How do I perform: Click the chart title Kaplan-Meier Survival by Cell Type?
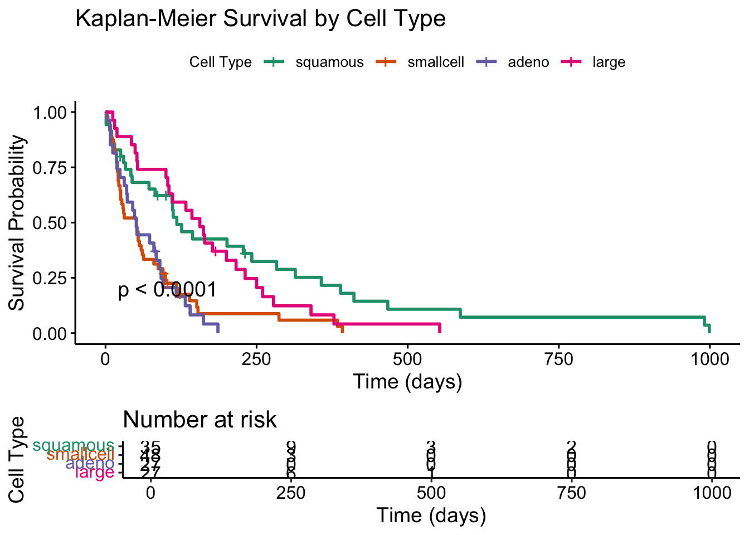pos(260,19)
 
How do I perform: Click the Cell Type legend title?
pos(220,62)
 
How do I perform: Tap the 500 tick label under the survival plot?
pos(407,358)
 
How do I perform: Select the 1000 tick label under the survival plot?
pos(709,358)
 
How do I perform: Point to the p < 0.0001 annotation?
pos(167,290)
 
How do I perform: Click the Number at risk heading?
pos(200,420)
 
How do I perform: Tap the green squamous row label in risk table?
pos(74,446)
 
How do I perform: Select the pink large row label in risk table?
pos(94,473)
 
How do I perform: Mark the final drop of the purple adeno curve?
pos(217,328)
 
